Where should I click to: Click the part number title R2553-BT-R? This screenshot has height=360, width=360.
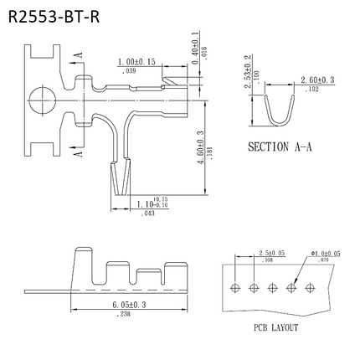58,17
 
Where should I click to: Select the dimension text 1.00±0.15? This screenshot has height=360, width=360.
138,63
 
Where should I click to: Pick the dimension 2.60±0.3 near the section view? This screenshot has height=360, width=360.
316,80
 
